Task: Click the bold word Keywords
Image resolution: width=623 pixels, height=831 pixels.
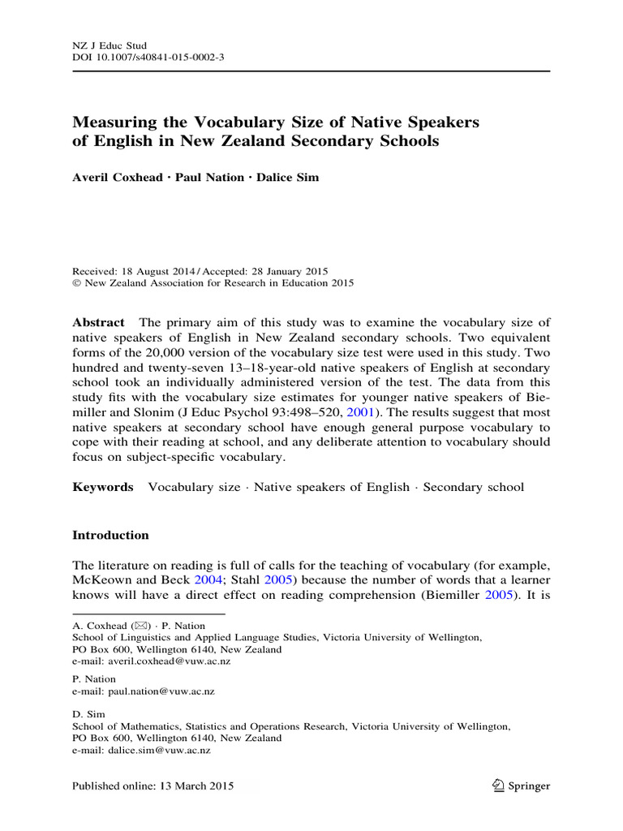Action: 102,487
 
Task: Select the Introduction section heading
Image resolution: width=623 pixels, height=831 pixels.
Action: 110,536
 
